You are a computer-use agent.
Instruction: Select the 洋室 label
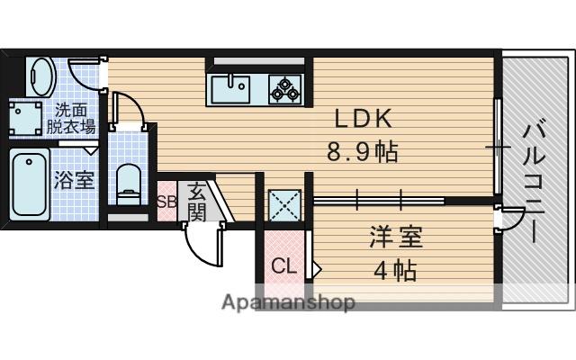(394, 239)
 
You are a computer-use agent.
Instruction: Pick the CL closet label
(283, 266)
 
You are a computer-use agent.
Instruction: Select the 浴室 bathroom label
(74, 179)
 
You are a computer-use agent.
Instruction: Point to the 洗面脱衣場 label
(71, 119)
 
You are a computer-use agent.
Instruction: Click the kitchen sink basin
(231, 88)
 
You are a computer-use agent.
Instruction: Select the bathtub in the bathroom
(31, 184)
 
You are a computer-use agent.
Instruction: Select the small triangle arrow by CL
(316, 267)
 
